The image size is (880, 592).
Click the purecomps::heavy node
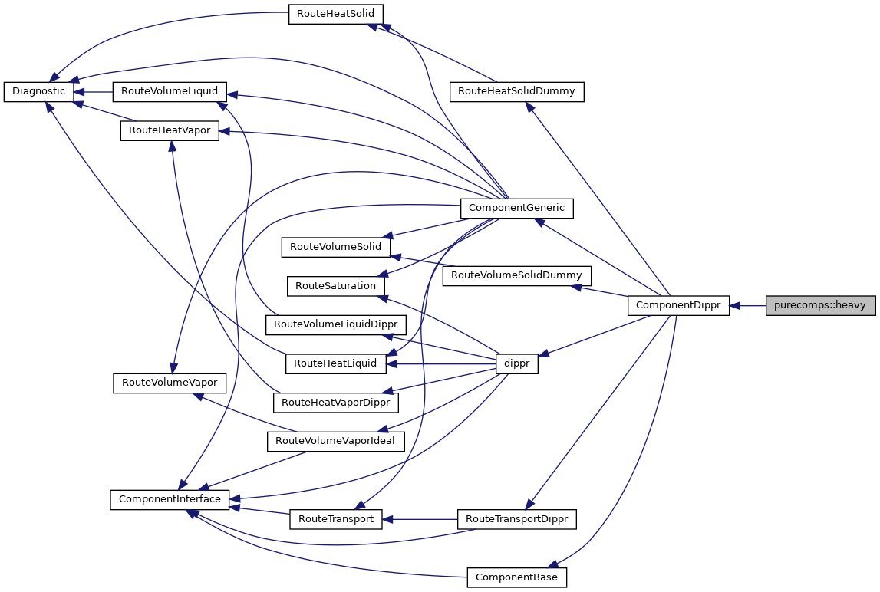(x=820, y=305)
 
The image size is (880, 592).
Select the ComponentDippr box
(x=678, y=305)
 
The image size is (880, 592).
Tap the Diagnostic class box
(x=39, y=91)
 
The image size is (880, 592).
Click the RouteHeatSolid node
(x=335, y=14)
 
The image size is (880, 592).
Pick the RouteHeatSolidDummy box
(x=516, y=91)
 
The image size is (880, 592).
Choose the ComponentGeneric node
(x=516, y=207)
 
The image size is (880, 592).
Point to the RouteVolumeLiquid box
(x=169, y=91)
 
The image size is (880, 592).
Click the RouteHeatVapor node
(x=170, y=130)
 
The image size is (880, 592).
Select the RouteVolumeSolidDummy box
(x=516, y=275)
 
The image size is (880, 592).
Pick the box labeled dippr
(x=516, y=363)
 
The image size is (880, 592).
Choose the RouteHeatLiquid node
(x=335, y=363)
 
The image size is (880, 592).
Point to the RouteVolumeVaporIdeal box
(x=335, y=441)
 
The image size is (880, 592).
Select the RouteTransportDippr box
(x=516, y=519)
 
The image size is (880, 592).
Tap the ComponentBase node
(x=516, y=577)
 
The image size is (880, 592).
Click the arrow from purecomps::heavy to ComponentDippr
(x=747, y=305)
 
